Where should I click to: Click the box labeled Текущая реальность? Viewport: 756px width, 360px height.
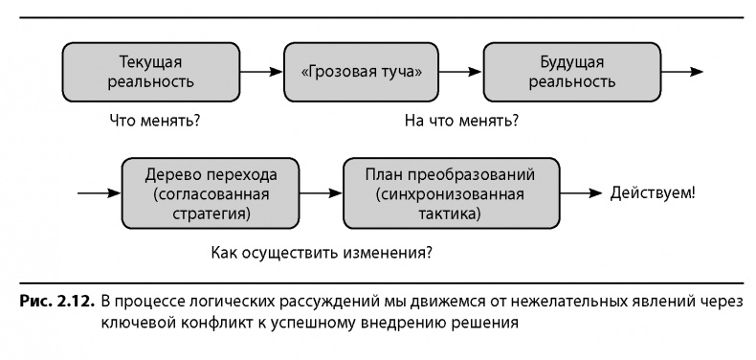pos(157,72)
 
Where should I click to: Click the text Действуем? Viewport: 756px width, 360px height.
pos(653,192)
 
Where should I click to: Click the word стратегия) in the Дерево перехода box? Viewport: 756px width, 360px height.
pos(211,214)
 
